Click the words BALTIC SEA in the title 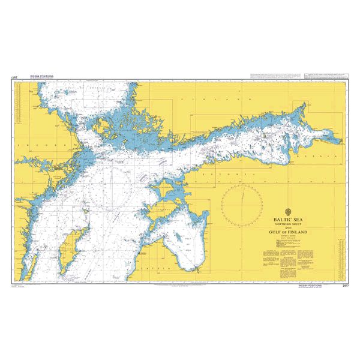click(287, 220)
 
